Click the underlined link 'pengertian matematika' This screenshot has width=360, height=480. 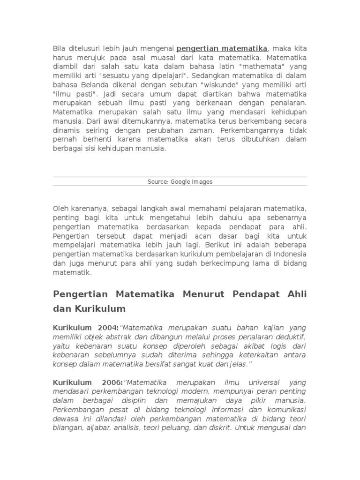coord(222,48)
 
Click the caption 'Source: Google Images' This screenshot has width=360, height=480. coord(180,182)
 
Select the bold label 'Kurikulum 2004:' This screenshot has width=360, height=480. coord(86,328)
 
